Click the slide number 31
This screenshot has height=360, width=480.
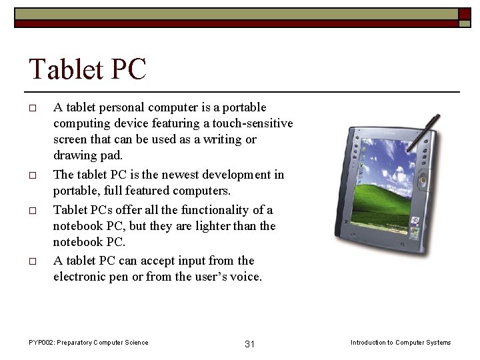tap(250, 344)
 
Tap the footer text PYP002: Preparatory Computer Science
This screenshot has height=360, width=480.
tap(89, 343)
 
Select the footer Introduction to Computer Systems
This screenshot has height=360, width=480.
tap(401, 343)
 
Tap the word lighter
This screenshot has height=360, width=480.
tap(208, 226)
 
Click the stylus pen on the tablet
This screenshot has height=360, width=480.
tap(425, 133)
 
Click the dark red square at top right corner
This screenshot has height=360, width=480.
tap(465, 14)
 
